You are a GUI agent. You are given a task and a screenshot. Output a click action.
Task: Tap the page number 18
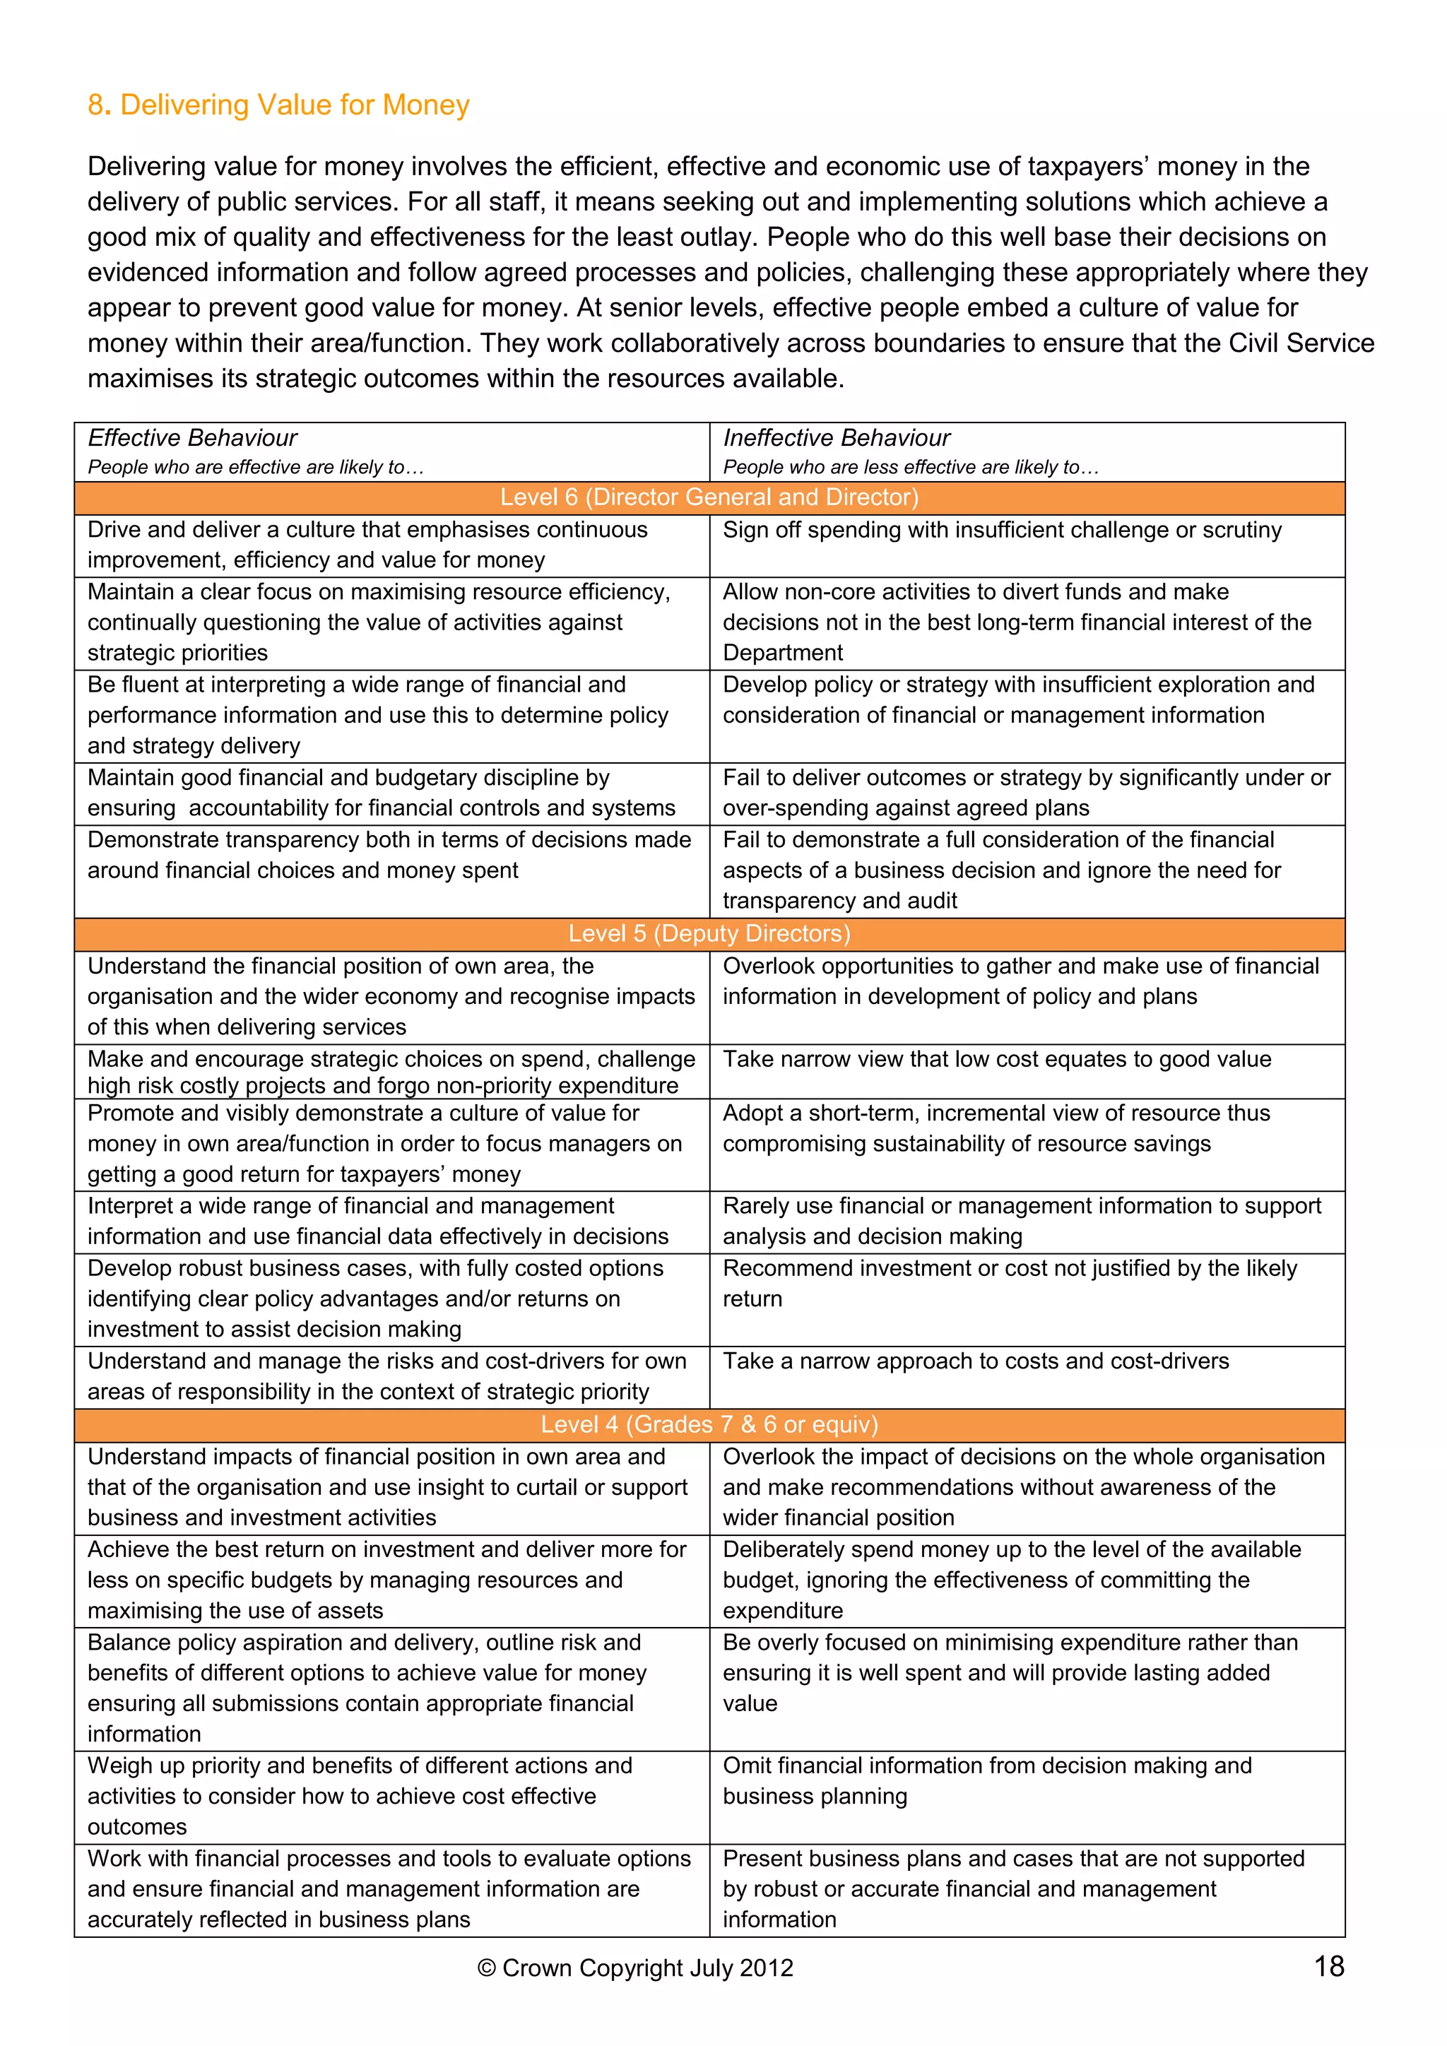(1328, 1965)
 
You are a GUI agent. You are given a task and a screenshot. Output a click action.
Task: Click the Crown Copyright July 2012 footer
(635, 1968)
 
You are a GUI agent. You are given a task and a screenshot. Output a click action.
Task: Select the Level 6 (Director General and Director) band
(709, 497)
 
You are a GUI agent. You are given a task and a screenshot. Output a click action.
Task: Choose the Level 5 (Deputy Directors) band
(709, 933)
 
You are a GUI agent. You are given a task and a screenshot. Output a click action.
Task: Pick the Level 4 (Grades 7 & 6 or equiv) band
(709, 1424)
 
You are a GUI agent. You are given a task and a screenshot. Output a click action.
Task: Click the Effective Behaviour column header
(192, 437)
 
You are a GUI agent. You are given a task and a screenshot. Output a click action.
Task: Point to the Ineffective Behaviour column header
(836, 437)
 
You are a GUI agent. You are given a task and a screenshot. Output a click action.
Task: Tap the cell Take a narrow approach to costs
(976, 1361)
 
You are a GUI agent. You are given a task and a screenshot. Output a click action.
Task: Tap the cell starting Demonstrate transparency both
(389, 855)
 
